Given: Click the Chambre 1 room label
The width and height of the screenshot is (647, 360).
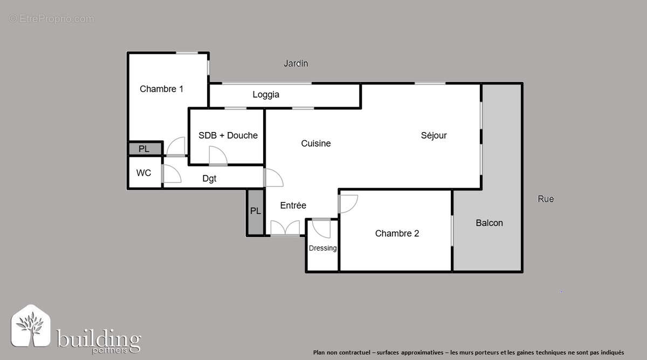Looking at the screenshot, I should [x=161, y=89].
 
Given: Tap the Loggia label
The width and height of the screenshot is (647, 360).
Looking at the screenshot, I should [x=266, y=95].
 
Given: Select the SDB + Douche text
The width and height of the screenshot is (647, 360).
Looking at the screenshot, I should [x=228, y=135].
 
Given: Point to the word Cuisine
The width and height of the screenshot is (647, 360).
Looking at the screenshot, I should [x=316, y=143].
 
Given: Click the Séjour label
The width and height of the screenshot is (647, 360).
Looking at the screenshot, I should [x=433, y=135].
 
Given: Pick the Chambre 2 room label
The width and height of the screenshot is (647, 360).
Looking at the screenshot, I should [x=397, y=233].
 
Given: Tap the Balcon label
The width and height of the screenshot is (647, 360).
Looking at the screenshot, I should [x=489, y=223].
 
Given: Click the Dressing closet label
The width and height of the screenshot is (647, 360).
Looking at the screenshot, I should [x=323, y=248].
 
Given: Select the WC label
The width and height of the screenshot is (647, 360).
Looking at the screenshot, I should [x=143, y=173].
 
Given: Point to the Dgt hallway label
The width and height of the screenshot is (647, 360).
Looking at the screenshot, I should [x=209, y=179].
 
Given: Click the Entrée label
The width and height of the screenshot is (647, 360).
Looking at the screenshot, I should [x=293, y=205].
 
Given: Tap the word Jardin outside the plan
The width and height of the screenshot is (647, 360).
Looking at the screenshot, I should [x=296, y=64].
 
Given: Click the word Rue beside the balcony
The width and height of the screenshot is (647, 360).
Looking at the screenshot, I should [x=546, y=199].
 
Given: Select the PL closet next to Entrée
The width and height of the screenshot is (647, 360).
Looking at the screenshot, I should [x=256, y=211].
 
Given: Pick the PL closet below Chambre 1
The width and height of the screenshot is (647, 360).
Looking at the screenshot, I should [x=144, y=149].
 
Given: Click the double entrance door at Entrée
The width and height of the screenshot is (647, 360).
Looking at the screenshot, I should [x=285, y=229].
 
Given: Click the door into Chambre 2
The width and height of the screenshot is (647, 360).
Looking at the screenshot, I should [x=348, y=203].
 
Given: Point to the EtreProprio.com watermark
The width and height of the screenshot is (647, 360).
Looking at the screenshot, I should [x=51, y=19].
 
